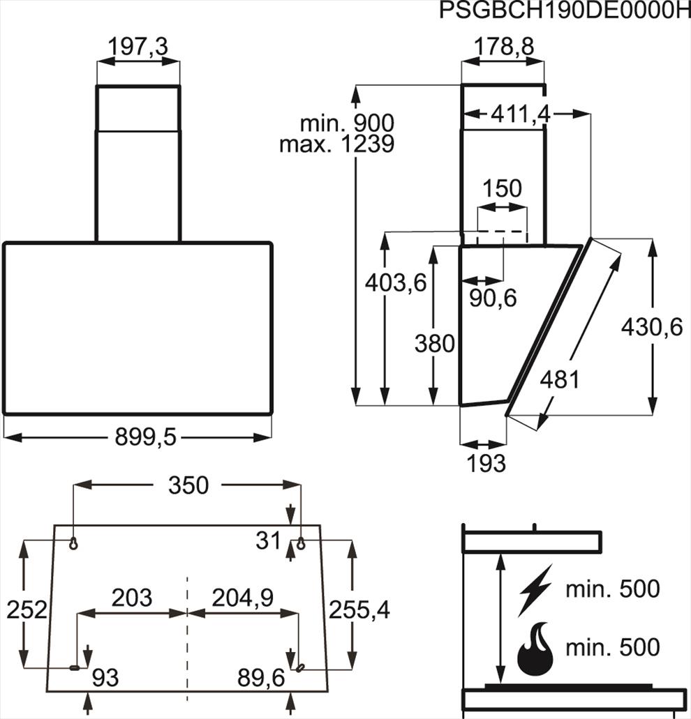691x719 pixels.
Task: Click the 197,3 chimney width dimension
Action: [x=138, y=47]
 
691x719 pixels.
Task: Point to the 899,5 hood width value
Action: [x=145, y=437]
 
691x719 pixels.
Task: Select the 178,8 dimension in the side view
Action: [x=503, y=46]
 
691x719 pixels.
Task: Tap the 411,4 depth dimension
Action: [x=520, y=114]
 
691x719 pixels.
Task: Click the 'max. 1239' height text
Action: [x=337, y=144]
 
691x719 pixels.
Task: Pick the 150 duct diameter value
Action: [x=503, y=188]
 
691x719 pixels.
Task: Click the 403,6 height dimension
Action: [x=396, y=282]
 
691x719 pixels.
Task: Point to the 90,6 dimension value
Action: [x=493, y=298]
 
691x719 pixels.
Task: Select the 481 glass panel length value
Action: [x=560, y=379]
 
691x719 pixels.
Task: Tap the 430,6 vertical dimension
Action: [x=651, y=327]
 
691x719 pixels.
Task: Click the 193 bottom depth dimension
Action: [x=486, y=463]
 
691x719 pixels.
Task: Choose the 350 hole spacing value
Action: [x=188, y=485]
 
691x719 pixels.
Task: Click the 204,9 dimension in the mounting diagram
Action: [x=243, y=598]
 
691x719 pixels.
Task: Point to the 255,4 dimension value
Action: [x=359, y=610]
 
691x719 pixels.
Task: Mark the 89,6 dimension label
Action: [x=261, y=678]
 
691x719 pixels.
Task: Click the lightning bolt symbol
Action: [x=535, y=591]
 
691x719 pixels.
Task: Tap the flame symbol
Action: [x=535, y=648]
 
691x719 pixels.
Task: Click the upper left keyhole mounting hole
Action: [x=73, y=543]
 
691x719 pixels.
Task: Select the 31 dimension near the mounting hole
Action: [x=268, y=540]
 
